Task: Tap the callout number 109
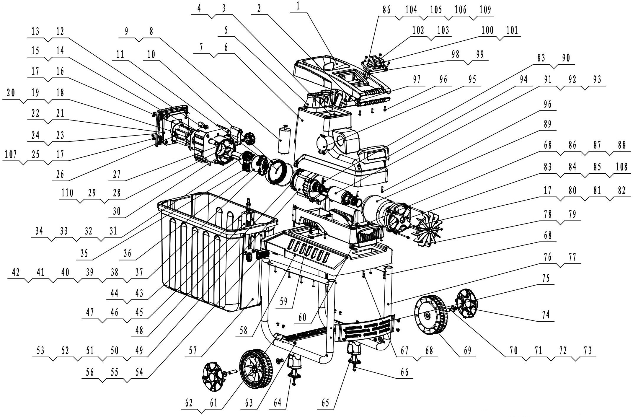485,10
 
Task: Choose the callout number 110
67,193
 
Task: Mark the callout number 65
325,403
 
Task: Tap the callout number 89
547,124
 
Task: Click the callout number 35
84,254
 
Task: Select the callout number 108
621,167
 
